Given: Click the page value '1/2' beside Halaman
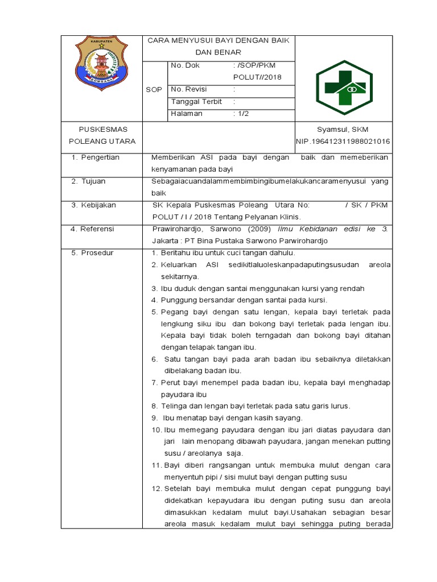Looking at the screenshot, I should click(x=241, y=113).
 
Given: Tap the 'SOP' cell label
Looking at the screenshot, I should click(x=154, y=90).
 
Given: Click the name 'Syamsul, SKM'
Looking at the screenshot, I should click(x=344, y=129).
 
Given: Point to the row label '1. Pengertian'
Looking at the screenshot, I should click(x=95, y=157).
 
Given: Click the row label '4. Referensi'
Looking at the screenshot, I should click(x=92, y=228).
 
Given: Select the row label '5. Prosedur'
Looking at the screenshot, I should click(x=92, y=252).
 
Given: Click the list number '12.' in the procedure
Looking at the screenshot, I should click(x=156, y=489).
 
